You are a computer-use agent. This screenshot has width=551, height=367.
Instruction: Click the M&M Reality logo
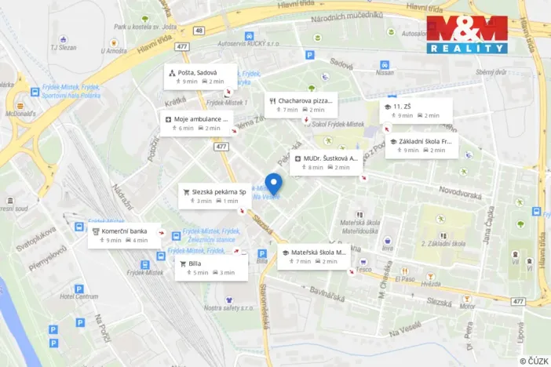tap(467, 35)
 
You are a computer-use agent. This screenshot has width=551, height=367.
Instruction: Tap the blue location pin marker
tap(273, 183)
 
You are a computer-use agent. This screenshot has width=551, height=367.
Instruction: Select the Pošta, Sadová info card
tap(199, 77)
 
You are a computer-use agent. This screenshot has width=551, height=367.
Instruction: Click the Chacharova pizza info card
tap(301, 105)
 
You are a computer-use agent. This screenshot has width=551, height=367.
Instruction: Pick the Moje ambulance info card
tap(196, 123)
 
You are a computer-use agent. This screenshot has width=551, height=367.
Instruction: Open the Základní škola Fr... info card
tap(421, 146)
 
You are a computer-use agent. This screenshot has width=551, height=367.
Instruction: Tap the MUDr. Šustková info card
tap(326, 162)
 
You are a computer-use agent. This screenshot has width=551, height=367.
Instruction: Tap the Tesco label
tap(363, 269)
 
